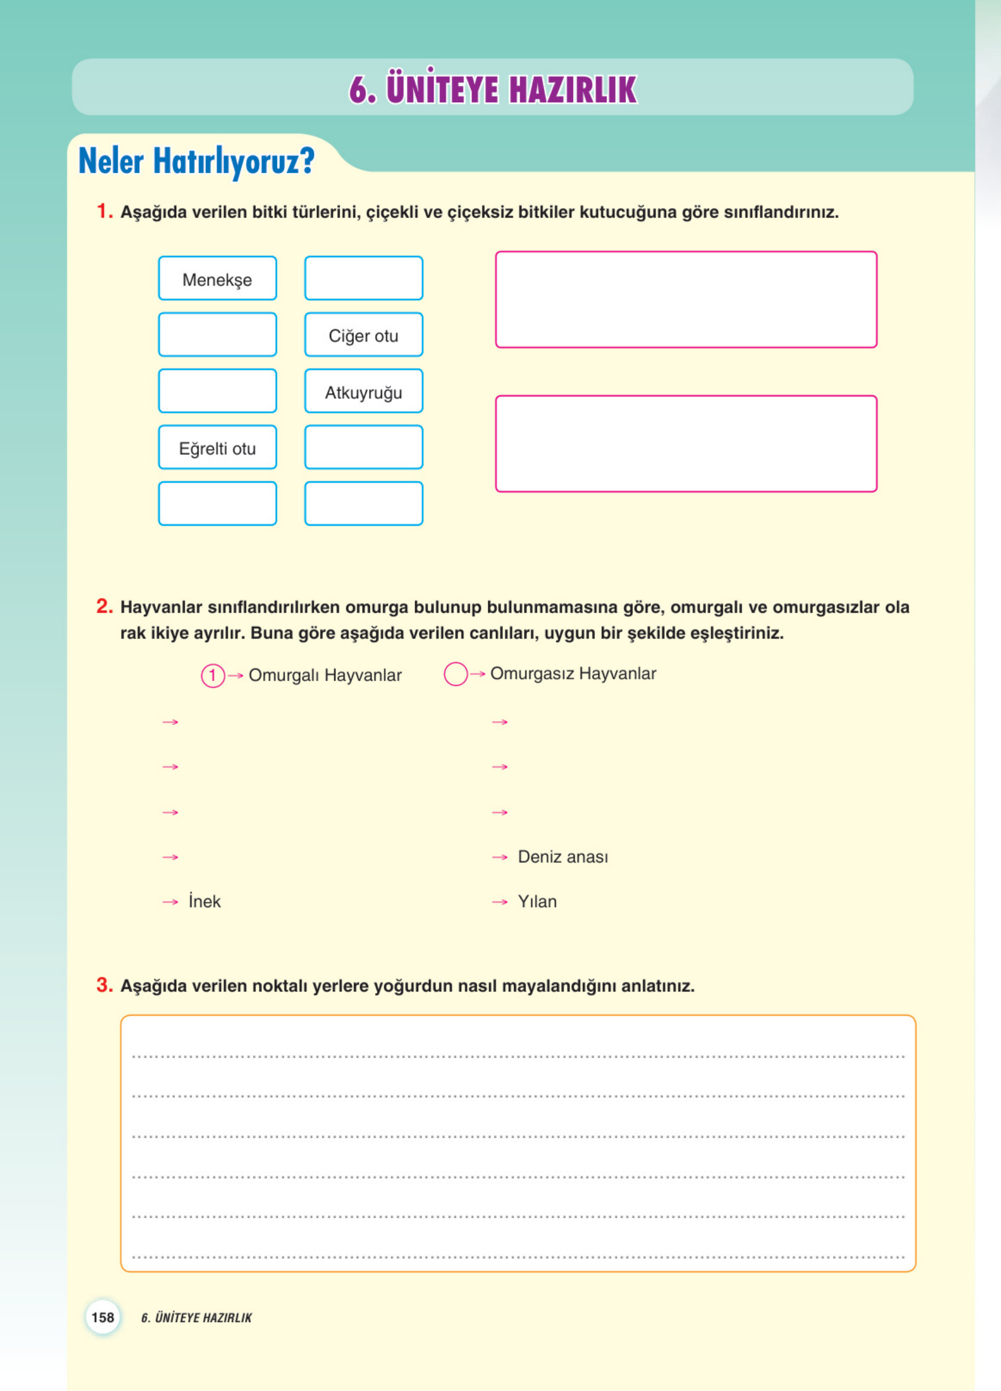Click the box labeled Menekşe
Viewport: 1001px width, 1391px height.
pos(217,278)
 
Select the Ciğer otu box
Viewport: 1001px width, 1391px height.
pos(364,335)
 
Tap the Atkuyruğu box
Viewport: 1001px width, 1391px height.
pos(364,391)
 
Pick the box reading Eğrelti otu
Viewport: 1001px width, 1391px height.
pos(217,448)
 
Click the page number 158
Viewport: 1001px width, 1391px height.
pos(102,1317)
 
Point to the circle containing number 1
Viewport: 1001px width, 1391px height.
pos(213,676)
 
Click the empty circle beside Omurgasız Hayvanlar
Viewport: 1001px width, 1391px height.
pos(455,674)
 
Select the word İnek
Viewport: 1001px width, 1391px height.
pos(204,902)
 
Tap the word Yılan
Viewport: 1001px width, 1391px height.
pos(537,902)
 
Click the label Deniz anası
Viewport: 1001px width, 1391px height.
pos(563,857)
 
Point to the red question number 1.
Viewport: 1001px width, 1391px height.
pos(104,212)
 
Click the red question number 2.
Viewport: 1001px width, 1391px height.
pos(104,607)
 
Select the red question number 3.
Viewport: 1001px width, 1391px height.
pos(104,985)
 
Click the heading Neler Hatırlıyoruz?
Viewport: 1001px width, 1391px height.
pos(196,161)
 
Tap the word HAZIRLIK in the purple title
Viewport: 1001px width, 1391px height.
pos(572,90)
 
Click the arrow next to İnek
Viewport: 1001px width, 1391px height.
pos(170,902)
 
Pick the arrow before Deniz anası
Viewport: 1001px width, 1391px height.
pos(500,857)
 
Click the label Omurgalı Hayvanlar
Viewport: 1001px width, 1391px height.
pos(325,675)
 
